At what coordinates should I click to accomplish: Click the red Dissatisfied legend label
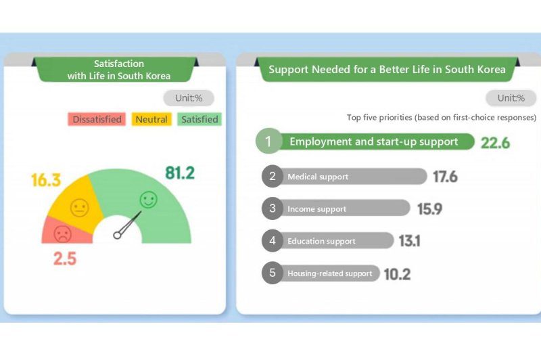(97, 119)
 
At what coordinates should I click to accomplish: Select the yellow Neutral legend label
(151, 119)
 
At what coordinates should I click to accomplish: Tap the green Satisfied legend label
(199, 119)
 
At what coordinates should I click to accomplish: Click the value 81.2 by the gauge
(180, 173)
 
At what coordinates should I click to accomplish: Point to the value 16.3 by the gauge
(46, 181)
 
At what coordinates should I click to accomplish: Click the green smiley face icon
(148, 200)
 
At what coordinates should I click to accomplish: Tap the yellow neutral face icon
(80, 208)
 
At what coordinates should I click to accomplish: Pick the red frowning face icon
(63, 234)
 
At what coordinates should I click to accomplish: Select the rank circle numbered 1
(268, 142)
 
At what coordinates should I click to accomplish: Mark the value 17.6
(446, 177)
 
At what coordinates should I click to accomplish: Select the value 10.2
(397, 274)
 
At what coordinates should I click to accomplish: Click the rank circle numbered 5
(272, 273)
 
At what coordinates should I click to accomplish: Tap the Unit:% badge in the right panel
(511, 98)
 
